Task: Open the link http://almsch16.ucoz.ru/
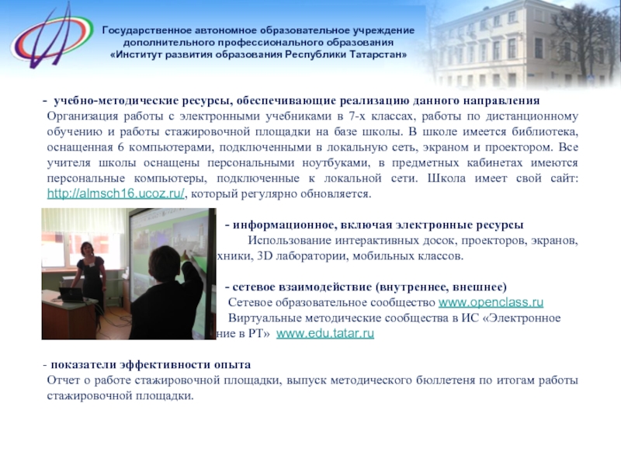[x=116, y=194]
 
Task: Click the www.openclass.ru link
[x=491, y=302]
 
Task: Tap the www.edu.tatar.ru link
[x=325, y=333]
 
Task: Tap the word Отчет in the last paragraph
[x=63, y=380]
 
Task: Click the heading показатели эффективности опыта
[x=151, y=365]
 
